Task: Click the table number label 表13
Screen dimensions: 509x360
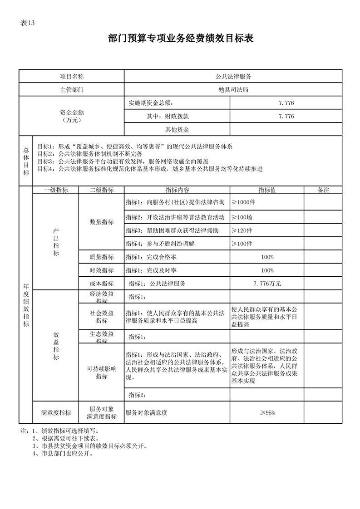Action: (28, 24)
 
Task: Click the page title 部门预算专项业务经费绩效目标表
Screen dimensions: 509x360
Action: (180, 39)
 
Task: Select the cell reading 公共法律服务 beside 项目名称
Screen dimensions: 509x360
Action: (233, 76)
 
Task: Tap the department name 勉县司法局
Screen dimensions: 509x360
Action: (233, 90)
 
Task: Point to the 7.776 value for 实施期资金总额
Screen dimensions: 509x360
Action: (286, 103)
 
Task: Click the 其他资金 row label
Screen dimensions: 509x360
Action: (177, 129)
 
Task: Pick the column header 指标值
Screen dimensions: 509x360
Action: (267, 190)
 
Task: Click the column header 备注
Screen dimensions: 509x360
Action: (323, 190)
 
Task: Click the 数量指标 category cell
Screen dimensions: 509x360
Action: (102, 222)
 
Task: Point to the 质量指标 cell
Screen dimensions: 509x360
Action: (102, 257)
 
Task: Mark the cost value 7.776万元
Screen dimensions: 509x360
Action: (267, 284)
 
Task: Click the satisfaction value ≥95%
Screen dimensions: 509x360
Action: (267, 412)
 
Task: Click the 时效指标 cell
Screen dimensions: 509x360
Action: (102, 270)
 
